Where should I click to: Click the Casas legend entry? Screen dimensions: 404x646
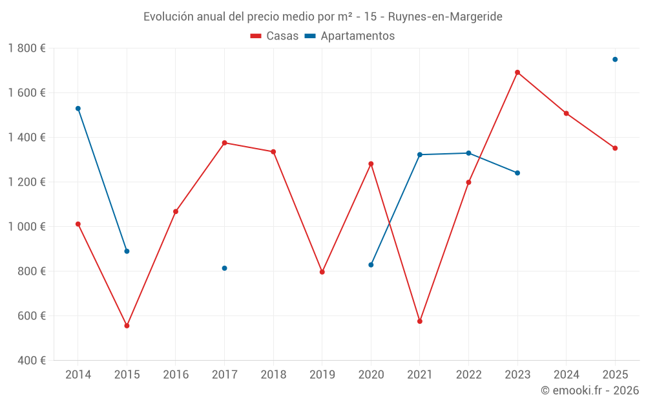[x=275, y=36]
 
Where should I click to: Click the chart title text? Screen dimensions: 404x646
[x=322, y=17]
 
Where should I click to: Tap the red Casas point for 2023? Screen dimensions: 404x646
[x=517, y=72]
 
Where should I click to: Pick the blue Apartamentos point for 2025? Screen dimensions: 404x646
[x=615, y=59]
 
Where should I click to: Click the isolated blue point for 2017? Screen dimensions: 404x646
[x=224, y=268]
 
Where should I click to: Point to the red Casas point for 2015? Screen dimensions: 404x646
[x=127, y=326]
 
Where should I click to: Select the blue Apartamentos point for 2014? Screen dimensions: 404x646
[x=78, y=109]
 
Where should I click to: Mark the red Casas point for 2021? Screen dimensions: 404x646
[x=420, y=321]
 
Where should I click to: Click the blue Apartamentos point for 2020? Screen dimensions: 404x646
[x=371, y=265]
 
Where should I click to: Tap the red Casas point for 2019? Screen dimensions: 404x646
[x=322, y=272]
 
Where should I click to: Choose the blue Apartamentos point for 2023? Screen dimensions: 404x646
[x=517, y=173]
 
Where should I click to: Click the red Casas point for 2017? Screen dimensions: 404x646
[x=224, y=143]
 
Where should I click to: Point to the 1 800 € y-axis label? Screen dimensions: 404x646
[x=27, y=48]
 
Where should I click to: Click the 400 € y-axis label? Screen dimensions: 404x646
[x=32, y=361]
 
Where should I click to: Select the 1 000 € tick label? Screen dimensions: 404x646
[x=27, y=227]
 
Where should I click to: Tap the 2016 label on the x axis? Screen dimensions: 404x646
[x=176, y=375]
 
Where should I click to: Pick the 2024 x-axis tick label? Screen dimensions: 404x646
[x=567, y=375]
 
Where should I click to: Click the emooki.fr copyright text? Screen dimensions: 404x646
[x=589, y=390]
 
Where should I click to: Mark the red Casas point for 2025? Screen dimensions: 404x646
[x=615, y=148]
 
